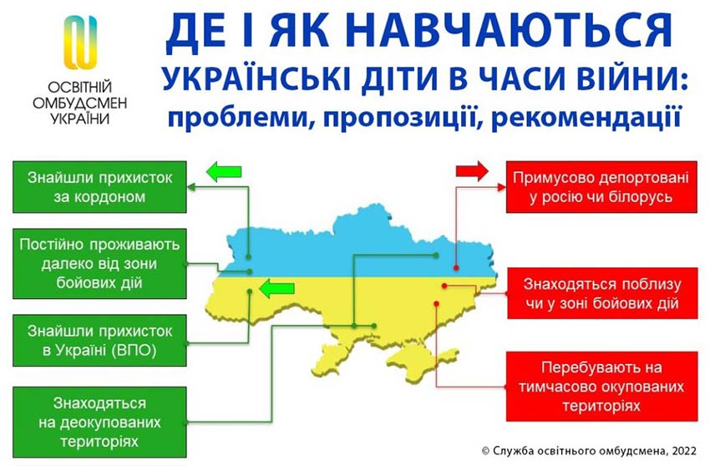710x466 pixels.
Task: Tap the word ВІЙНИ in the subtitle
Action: (x=631, y=79)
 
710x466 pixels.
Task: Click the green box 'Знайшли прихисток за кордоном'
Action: (x=98, y=187)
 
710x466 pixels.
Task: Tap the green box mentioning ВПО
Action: (x=98, y=339)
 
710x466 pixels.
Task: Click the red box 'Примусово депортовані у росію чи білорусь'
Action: (x=601, y=188)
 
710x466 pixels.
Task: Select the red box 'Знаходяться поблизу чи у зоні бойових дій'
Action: (x=601, y=293)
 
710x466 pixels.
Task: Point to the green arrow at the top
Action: (x=223, y=172)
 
